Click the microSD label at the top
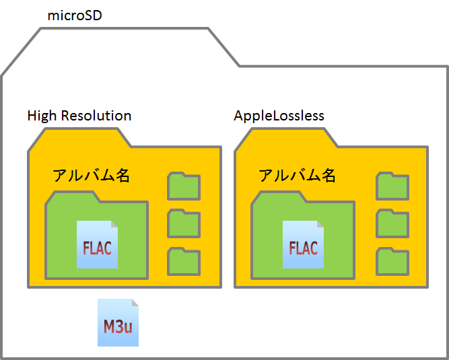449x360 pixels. [75, 15]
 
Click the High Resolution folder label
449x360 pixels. [79, 116]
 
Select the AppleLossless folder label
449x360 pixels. [279, 116]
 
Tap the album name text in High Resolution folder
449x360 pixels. [91, 176]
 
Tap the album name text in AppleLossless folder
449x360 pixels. [297, 176]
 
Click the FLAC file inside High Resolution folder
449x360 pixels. [97, 245]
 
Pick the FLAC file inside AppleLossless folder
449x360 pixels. [303, 245]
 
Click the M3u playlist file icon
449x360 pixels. [118, 324]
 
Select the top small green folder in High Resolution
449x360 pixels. [183, 186]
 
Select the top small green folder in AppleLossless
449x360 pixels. [392, 186]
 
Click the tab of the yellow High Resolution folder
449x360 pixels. [77, 137]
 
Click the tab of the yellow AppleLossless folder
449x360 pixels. [284, 137]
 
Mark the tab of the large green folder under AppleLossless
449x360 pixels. [276, 196]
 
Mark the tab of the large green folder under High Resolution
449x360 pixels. [70, 196]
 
